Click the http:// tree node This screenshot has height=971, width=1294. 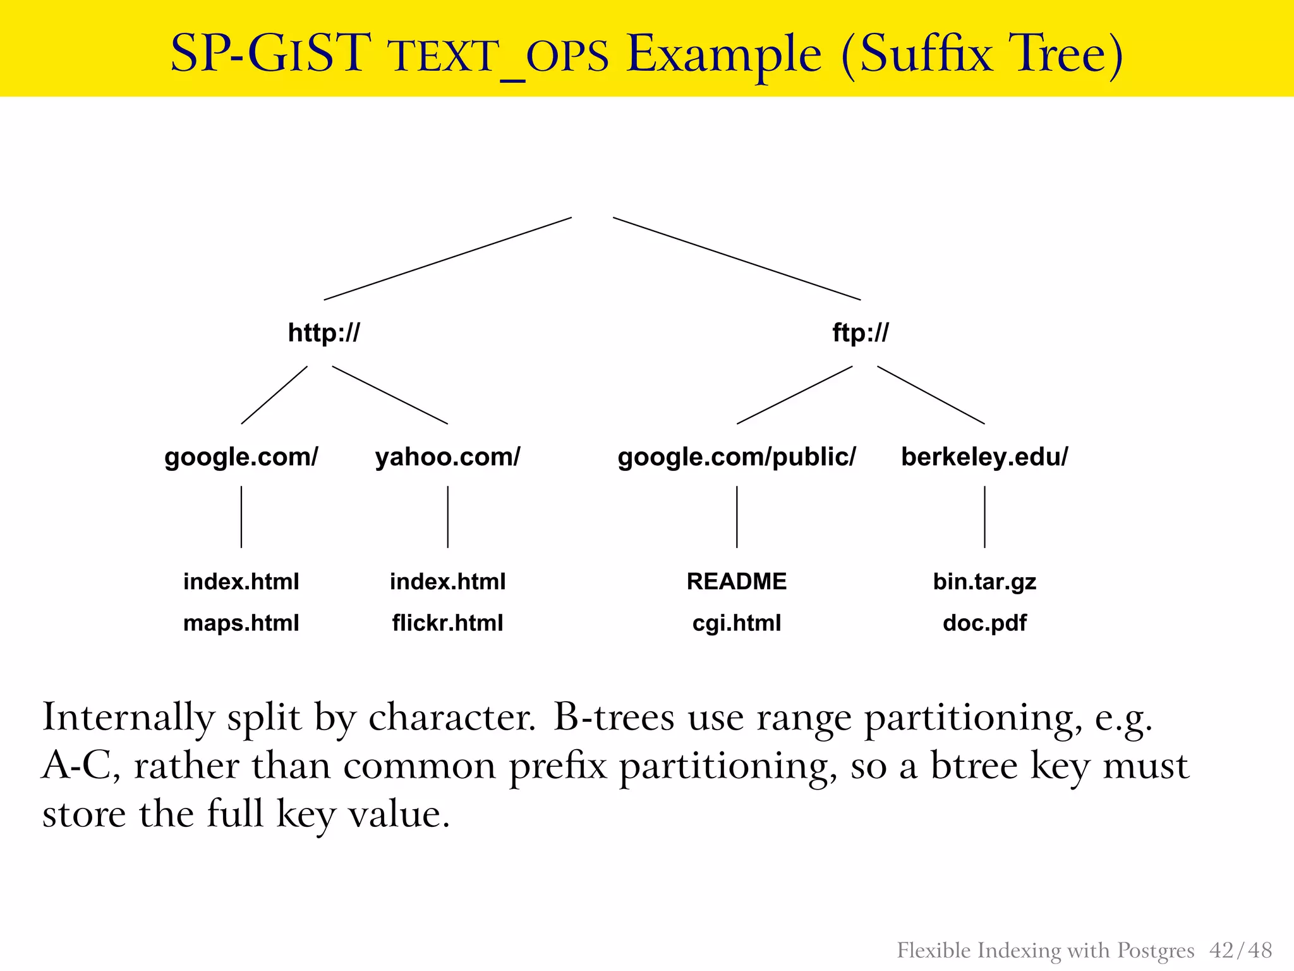323,333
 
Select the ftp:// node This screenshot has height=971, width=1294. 860,333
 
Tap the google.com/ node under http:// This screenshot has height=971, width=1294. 241,456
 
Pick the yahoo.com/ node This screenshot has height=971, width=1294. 447,456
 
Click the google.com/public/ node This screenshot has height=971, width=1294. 737,456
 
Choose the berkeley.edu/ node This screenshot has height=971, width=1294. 984,456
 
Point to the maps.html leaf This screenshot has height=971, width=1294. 241,623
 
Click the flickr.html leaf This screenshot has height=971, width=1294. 447,623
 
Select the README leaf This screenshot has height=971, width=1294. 737,581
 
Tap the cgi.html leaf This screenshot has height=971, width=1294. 737,623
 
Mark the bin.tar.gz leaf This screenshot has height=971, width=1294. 984,581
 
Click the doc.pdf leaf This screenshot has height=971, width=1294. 984,623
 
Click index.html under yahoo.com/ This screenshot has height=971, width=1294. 447,581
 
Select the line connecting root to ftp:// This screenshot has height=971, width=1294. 737,259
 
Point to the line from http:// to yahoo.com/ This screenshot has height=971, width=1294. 390,394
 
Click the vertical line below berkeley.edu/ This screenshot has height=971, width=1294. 984,516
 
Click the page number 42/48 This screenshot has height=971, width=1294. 1240,950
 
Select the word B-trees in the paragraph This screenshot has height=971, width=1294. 614,718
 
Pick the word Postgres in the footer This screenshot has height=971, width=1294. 1156,950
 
